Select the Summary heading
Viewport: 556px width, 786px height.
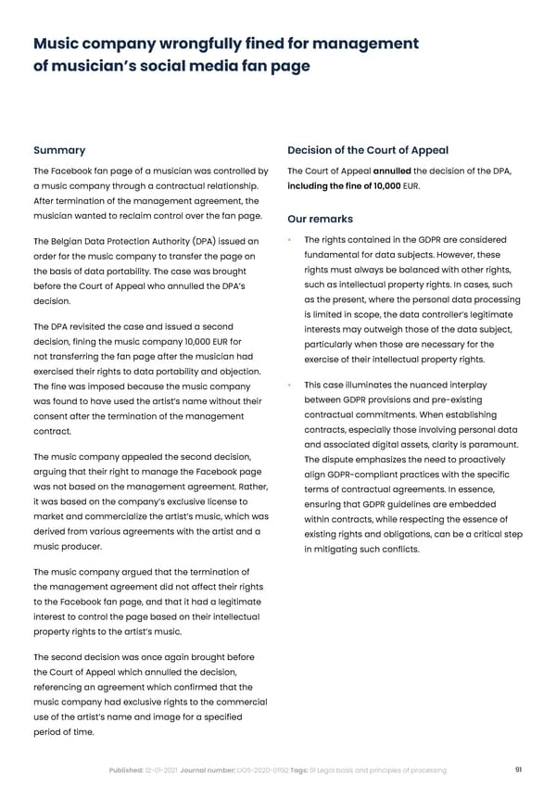(x=59, y=150)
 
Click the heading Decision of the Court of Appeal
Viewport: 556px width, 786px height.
(x=368, y=150)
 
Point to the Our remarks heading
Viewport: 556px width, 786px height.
(x=320, y=220)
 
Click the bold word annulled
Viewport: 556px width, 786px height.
(x=391, y=171)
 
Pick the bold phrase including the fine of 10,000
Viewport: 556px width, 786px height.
(x=344, y=185)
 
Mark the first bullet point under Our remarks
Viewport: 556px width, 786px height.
(x=290, y=241)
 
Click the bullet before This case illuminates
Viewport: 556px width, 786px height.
(x=290, y=385)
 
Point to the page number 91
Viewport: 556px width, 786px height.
(x=517, y=770)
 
